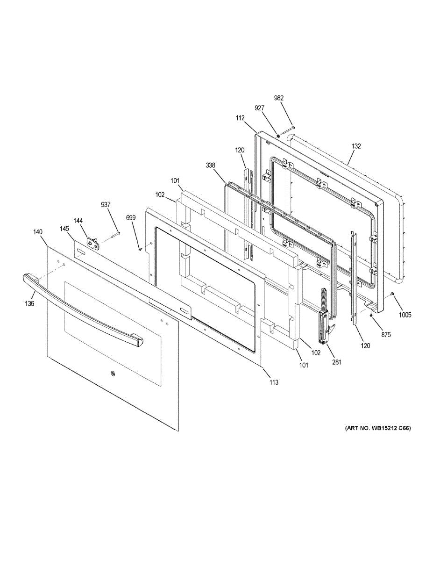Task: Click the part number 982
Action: tap(279, 98)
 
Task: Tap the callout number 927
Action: tap(259, 108)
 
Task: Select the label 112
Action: tap(240, 118)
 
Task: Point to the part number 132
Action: tap(356, 146)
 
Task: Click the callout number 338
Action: tap(210, 165)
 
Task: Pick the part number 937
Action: tap(106, 205)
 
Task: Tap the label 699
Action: tap(131, 218)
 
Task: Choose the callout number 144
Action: tap(78, 221)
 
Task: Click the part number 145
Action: tap(64, 229)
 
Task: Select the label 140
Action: tap(38, 232)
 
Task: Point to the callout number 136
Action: tap(29, 303)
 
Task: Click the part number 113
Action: tap(274, 382)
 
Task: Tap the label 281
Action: tap(337, 362)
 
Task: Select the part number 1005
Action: tap(405, 315)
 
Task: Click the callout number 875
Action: tap(386, 335)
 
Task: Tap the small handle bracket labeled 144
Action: tap(93, 243)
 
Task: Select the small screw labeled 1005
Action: tap(392, 293)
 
